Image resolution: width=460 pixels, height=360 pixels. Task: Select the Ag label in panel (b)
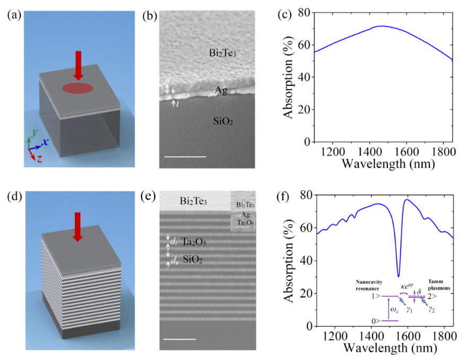click(221, 91)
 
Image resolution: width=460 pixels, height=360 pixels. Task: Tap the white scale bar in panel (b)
click(185, 156)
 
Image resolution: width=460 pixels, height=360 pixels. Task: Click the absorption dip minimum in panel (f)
click(398, 276)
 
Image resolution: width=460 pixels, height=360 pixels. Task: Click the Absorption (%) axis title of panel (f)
click(289, 260)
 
